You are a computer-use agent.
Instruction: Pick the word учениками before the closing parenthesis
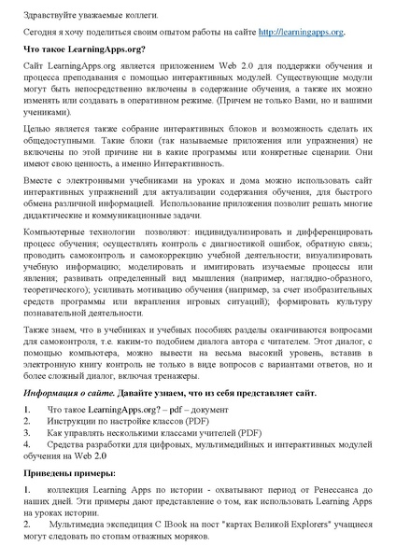[49, 134]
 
